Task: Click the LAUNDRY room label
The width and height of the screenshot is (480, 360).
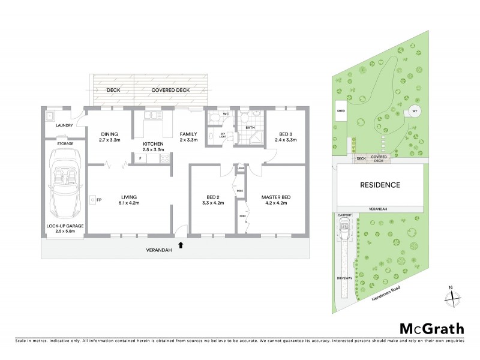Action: (x=64, y=125)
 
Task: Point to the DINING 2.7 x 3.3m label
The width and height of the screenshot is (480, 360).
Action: (x=109, y=137)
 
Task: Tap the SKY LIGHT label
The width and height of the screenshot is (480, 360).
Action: (x=223, y=136)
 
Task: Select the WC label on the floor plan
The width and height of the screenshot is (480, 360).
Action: (x=226, y=113)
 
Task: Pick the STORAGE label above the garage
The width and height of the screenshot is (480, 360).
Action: (x=65, y=144)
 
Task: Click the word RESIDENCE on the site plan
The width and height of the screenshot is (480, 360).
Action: (x=379, y=185)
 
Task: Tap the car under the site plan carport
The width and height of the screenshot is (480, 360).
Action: (x=345, y=230)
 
